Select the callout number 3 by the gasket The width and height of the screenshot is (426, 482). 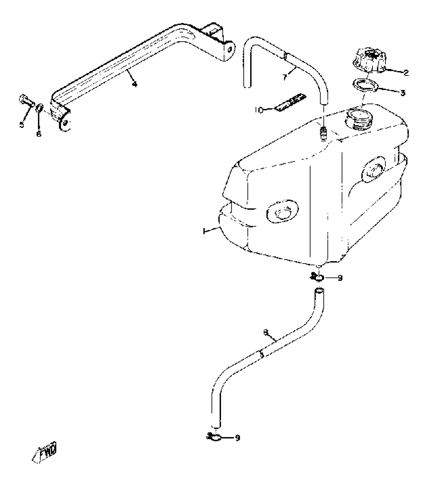(403, 93)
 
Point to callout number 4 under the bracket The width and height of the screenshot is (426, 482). (135, 85)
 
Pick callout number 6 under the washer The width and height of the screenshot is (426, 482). (39, 134)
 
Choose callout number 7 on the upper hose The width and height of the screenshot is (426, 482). (285, 78)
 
